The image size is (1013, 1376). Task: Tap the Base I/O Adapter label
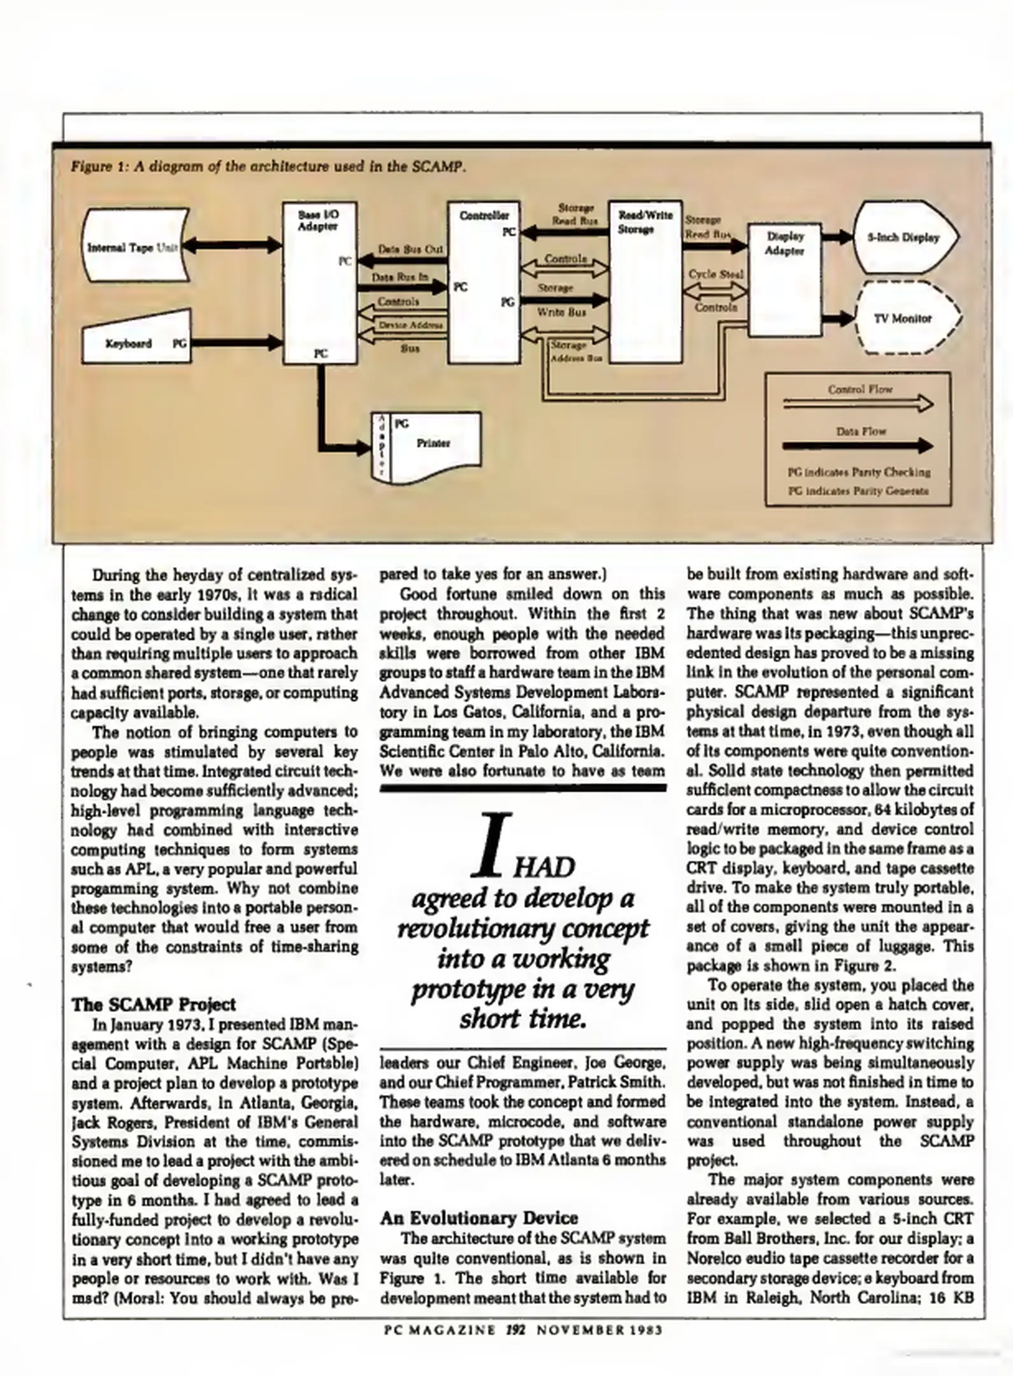coord(318,221)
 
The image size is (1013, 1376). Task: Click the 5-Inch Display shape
coord(906,238)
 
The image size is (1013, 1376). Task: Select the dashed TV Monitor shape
coord(907,319)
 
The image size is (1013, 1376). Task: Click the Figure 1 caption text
coord(268,168)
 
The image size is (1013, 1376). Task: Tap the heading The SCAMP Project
coord(154,1005)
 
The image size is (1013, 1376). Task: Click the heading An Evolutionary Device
coord(478,1218)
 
